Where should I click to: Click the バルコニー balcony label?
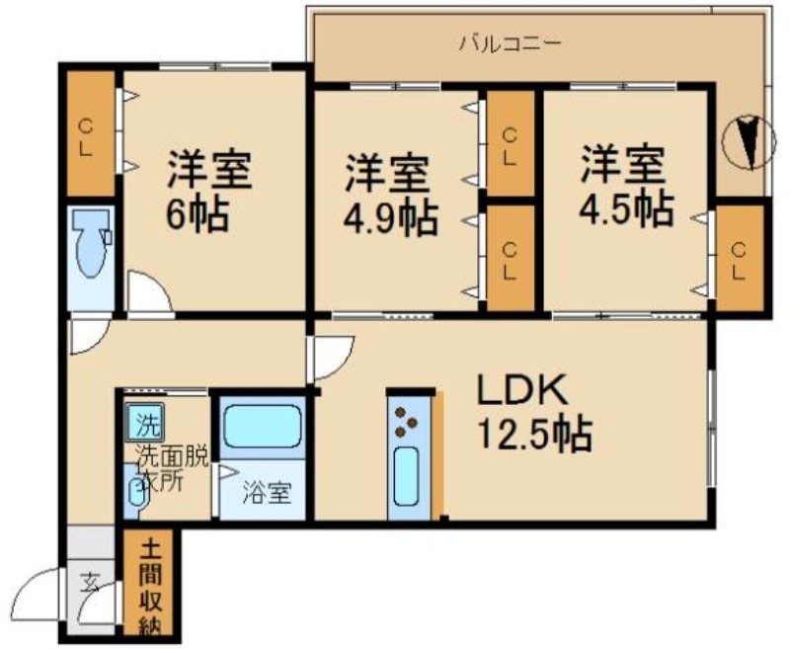(x=510, y=42)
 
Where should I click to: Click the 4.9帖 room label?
(x=389, y=196)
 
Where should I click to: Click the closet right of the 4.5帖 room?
(x=740, y=257)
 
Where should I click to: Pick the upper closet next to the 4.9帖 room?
(x=510, y=143)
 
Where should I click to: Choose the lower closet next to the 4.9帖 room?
(x=510, y=257)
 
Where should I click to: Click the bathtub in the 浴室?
(x=261, y=428)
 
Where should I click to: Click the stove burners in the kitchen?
(x=406, y=422)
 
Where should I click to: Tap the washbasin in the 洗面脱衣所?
(x=136, y=491)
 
